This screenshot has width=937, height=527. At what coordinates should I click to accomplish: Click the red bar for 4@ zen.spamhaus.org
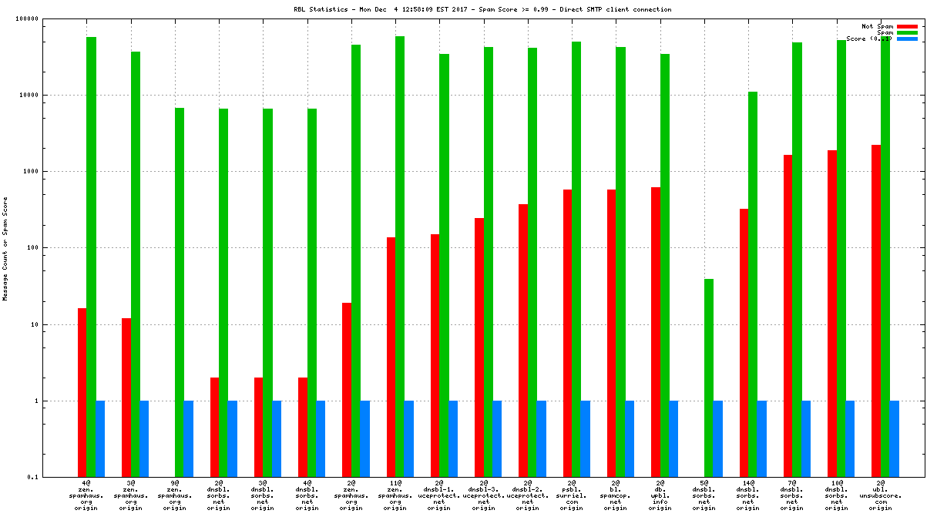82,392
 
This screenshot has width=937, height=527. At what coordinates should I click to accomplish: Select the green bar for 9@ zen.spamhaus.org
180,292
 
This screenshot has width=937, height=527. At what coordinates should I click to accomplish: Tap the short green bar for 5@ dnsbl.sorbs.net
709,378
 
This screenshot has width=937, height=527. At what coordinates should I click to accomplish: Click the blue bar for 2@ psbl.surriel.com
586,438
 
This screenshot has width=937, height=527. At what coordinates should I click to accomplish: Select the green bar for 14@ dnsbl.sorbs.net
753,284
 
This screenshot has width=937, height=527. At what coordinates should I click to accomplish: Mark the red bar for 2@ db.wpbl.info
656,332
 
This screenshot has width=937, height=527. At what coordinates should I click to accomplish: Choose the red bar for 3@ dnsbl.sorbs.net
259,427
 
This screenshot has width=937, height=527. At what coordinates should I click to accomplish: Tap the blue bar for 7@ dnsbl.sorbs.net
806,438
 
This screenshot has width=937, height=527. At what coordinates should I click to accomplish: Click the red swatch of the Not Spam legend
907,26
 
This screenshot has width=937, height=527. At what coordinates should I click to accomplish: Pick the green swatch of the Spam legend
907,32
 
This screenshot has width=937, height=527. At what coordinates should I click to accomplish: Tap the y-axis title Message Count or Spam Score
5,248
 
